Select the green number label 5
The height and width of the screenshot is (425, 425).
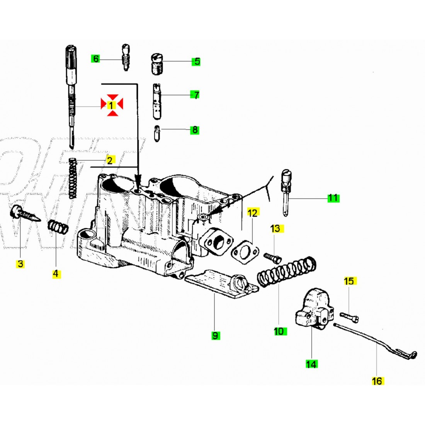[197, 61]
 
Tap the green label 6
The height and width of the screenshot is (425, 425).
[95, 59]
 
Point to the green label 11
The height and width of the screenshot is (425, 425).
[333, 198]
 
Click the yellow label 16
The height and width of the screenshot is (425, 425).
[377, 381]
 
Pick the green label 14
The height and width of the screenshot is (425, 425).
[311, 364]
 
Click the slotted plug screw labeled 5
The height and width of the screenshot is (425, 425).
[156, 65]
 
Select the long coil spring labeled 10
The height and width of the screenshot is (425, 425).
[286, 272]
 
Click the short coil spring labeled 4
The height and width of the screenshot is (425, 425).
[58, 227]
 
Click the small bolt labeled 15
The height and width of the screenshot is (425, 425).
[349, 318]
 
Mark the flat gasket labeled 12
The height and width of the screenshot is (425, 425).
[242, 252]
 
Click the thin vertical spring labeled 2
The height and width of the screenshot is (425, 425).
[73, 178]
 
